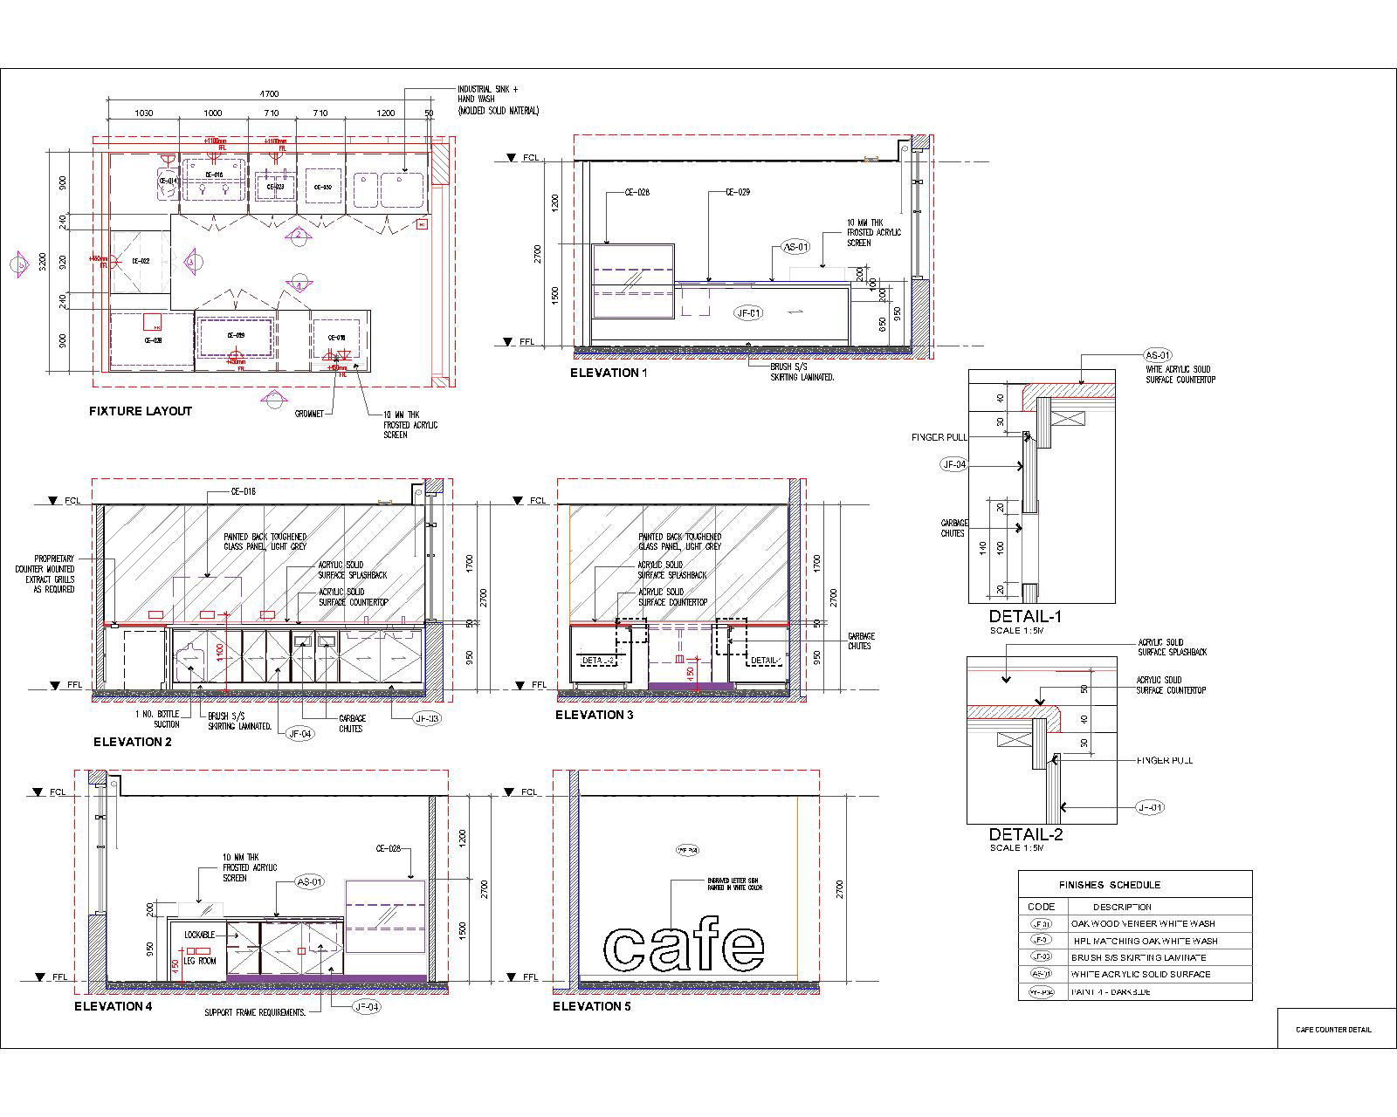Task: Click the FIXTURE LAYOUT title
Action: (141, 411)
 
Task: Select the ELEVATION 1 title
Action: (609, 373)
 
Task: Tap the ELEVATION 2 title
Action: (133, 743)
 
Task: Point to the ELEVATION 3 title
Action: (595, 715)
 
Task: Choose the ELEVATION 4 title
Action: (114, 1006)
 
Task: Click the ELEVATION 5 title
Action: (592, 1006)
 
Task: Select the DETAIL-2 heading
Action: (1026, 834)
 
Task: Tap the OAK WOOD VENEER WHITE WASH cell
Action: (1143, 923)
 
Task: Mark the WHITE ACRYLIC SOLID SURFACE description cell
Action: (1140, 974)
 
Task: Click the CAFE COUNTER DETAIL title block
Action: (1333, 1030)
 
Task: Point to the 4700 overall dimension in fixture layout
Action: (269, 93)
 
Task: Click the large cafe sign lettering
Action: (685, 945)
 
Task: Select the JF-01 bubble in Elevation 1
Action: (749, 312)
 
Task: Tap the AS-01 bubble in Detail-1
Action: (1157, 355)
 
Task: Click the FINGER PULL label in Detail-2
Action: (1165, 760)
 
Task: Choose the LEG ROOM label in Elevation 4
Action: (200, 961)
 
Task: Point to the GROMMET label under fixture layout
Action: (310, 414)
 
